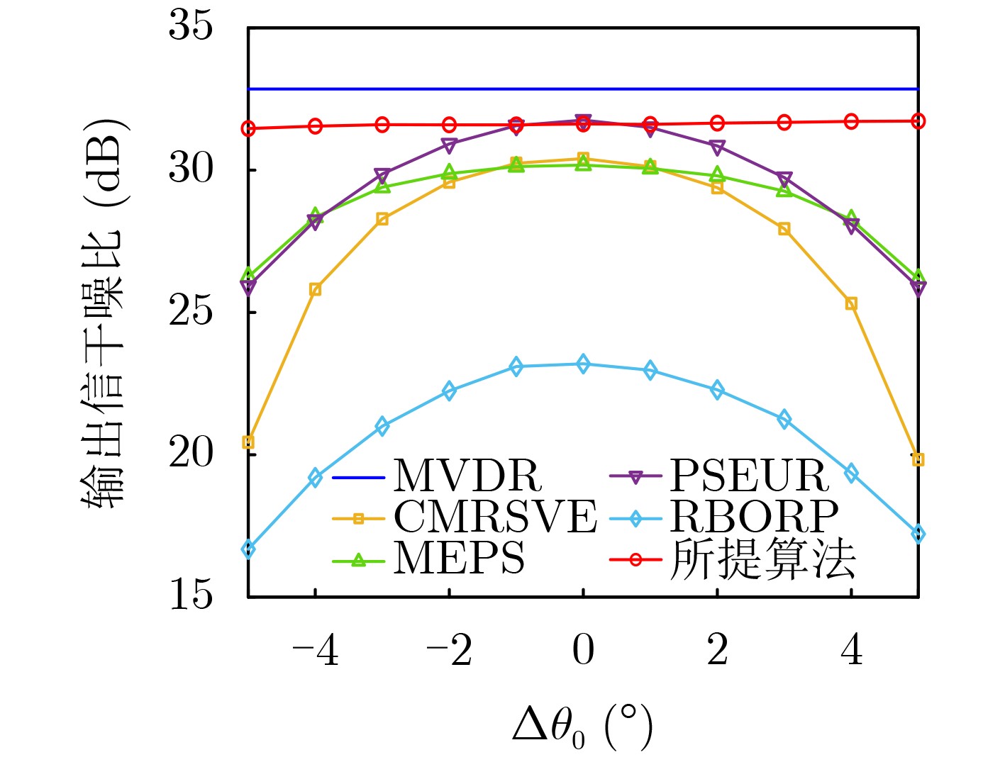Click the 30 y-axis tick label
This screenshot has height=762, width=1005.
(190, 169)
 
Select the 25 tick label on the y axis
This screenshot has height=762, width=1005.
(190, 312)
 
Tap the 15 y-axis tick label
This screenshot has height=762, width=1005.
(190, 595)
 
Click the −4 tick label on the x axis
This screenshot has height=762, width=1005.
(315, 651)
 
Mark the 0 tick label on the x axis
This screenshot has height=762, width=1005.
(583, 651)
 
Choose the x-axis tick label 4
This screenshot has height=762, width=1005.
(852, 651)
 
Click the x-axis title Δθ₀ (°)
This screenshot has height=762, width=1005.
(582, 727)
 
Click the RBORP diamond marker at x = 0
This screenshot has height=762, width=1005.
(583, 364)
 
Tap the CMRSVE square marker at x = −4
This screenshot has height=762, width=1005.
(316, 289)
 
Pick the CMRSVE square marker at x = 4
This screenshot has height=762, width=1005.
(851, 304)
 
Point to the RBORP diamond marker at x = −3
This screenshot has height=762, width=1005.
(382, 426)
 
